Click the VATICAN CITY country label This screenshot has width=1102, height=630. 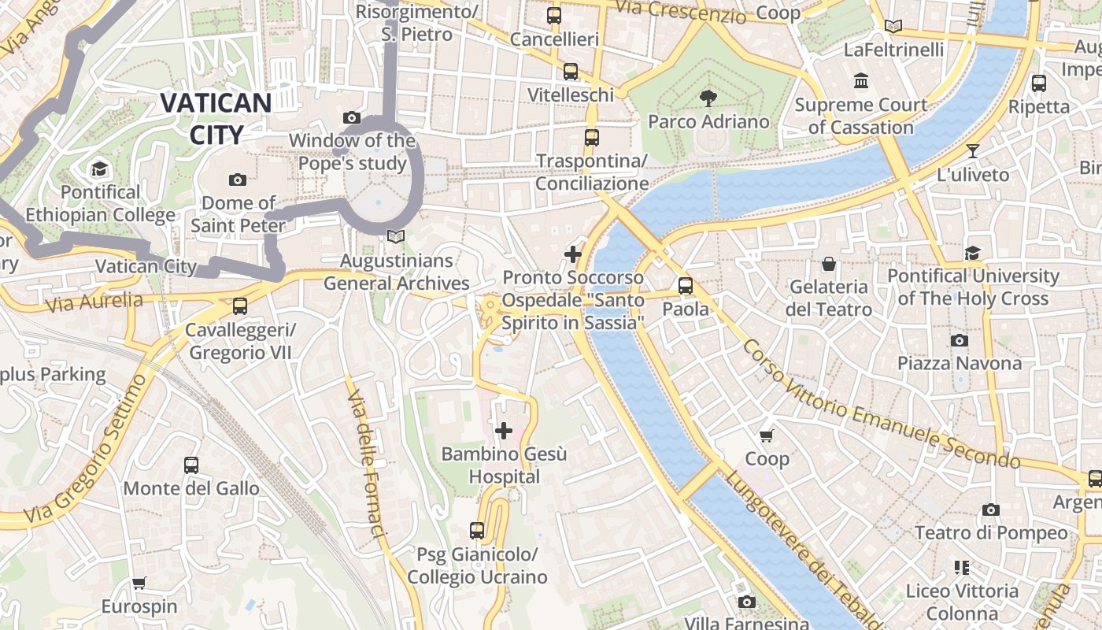[216, 118]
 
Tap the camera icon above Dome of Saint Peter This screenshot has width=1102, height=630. [238, 180]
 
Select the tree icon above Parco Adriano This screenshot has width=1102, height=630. [708, 98]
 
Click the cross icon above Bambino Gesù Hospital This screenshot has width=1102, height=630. [504, 431]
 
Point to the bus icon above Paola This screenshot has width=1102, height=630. [686, 286]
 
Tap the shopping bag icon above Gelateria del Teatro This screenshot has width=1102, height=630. [828, 264]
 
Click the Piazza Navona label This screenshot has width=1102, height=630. [960, 363]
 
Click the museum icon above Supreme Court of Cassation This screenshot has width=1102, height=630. [860, 81]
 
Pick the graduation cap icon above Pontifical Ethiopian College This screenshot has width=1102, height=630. [100, 169]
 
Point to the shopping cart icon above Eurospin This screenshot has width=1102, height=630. [139, 584]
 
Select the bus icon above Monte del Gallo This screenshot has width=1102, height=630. [191, 465]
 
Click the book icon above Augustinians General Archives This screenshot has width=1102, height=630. [396, 237]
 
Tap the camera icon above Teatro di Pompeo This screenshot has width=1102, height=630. [991, 510]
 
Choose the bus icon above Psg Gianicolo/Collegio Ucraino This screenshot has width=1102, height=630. [477, 531]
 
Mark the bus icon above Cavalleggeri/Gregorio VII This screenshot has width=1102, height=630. [240, 306]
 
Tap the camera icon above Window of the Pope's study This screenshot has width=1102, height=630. [352, 118]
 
